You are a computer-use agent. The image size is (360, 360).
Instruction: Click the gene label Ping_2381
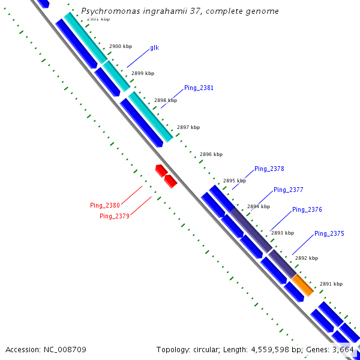(199, 88)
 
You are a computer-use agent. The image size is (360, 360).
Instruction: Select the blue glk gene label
(154, 47)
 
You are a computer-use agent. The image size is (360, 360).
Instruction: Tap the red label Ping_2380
(105, 205)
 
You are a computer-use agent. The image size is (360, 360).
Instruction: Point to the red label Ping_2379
(115, 216)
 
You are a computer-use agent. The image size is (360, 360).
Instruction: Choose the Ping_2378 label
(269, 169)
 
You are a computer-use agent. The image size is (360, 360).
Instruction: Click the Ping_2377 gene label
(288, 190)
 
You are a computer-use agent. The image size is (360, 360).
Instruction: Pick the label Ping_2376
(307, 210)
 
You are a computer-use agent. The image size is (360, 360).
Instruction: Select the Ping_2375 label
(329, 233)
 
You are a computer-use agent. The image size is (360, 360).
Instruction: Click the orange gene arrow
(303, 286)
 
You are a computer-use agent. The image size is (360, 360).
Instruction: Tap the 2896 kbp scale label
(211, 154)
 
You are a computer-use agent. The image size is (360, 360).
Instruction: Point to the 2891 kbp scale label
(331, 284)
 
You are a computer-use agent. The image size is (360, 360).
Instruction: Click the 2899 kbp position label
(142, 73)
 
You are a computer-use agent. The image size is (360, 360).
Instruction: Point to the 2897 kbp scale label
(188, 127)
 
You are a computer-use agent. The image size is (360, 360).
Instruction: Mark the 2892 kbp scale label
(306, 258)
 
